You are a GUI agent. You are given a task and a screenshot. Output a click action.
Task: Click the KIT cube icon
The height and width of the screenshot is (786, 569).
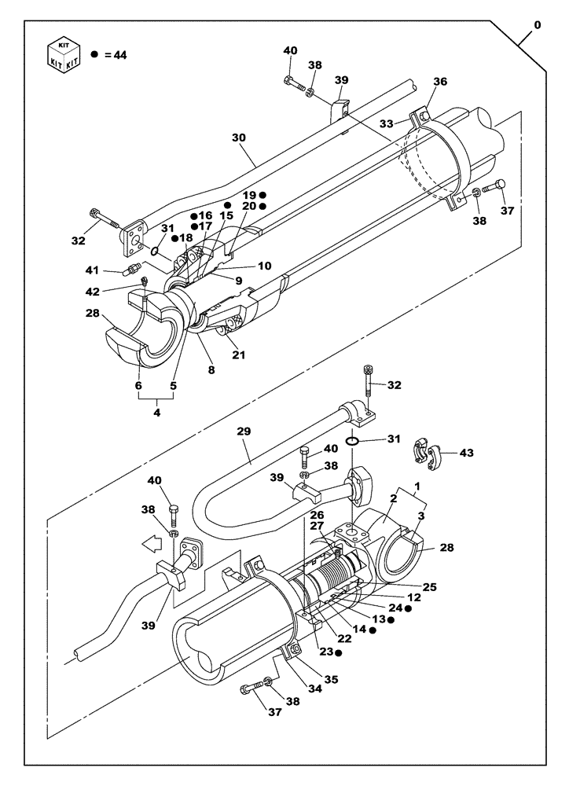[x=65, y=53]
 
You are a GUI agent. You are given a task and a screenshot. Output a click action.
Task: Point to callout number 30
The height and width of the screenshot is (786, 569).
[x=239, y=137]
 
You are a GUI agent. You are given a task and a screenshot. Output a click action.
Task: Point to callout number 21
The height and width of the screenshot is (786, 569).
[x=238, y=354]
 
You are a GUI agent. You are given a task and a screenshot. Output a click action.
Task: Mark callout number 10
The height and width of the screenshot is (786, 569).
[x=264, y=266]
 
